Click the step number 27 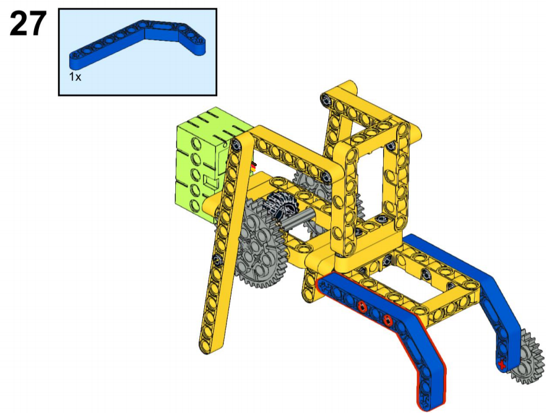pos(28,24)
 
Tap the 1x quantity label pos(75,77)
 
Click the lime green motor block pos(205,163)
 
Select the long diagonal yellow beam pos(223,244)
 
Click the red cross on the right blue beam pos(501,365)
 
